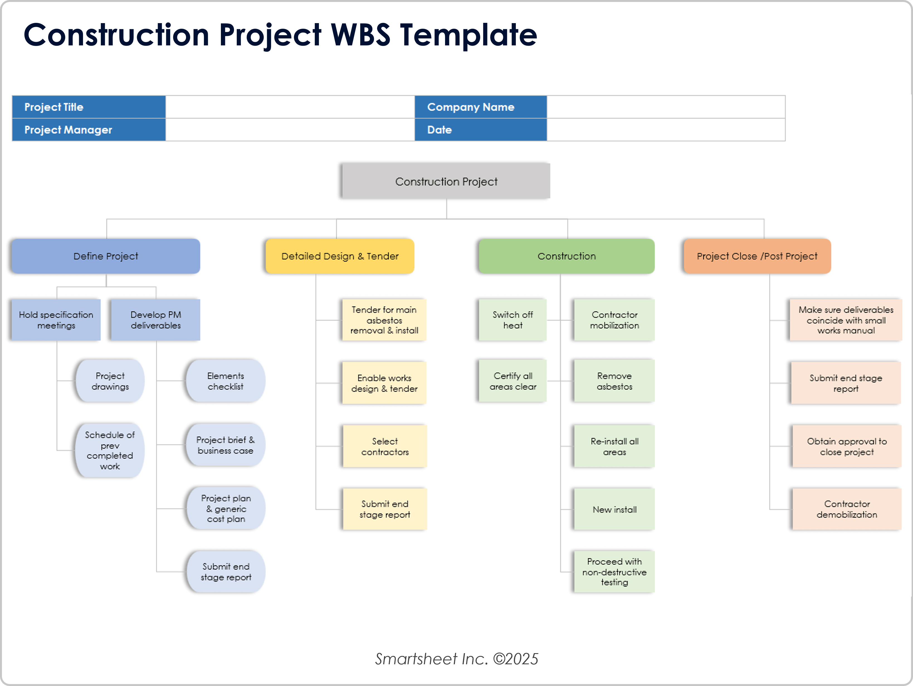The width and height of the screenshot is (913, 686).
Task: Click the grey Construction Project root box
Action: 446,181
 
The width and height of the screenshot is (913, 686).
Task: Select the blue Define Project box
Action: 106,256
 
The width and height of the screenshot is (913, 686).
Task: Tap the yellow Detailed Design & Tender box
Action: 340,256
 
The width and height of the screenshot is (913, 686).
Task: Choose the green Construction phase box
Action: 566,256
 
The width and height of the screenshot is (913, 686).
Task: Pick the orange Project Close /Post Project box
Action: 757,256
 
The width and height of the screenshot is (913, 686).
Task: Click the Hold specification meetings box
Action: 56,320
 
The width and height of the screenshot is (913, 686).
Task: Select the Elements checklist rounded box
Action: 225,381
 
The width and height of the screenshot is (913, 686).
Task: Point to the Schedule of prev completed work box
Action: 110,450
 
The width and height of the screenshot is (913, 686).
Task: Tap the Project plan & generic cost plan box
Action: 226,509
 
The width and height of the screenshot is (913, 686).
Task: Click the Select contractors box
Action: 385,446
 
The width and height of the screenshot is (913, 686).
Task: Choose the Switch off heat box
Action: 513,320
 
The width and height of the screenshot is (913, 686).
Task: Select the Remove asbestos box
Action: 614,381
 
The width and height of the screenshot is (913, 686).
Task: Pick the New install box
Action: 614,509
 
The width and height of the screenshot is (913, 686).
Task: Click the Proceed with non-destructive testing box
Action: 614,572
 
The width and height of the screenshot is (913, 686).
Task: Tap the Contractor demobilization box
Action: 846,509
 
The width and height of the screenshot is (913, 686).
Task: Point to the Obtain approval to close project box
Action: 846,446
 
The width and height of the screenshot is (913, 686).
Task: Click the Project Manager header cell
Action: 89,130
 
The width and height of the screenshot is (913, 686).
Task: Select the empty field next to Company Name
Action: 666,107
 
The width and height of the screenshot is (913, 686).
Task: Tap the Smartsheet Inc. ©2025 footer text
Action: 456,659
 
